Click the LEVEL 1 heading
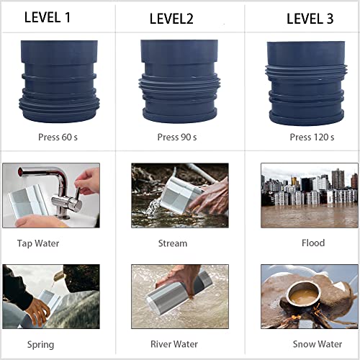tap(47, 17)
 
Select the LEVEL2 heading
tap(171, 19)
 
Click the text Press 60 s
tap(58, 136)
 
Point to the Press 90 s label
tap(177, 137)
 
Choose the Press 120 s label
tap(312, 137)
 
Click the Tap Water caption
tap(38, 243)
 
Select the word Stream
tap(172, 243)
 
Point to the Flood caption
tap(312, 243)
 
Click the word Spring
tap(40, 344)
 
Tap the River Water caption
tap(177, 344)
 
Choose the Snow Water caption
tap(316, 344)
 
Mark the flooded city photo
tap(309, 195)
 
